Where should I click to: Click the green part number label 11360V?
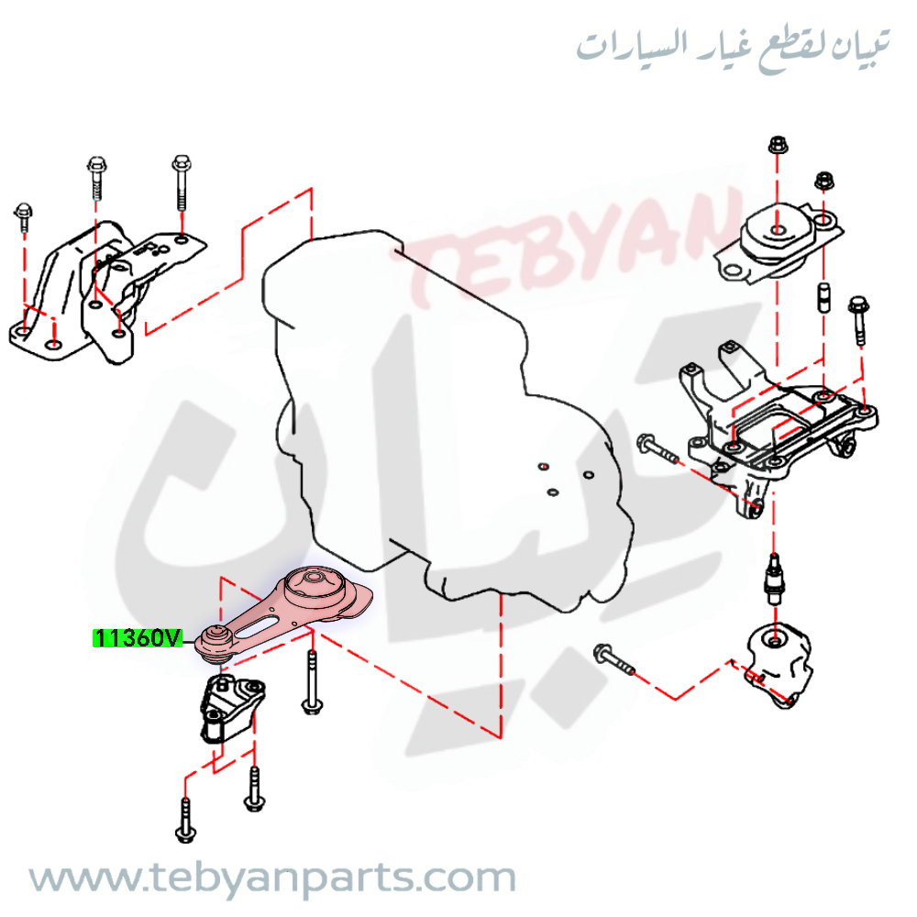[x=138, y=638]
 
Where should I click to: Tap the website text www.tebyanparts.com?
[x=272, y=878]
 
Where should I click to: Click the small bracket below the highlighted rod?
[x=232, y=708]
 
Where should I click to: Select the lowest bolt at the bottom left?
[x=185, y=820]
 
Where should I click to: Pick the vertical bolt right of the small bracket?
[x=313, y=682]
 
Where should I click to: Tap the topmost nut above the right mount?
[x=778, y=144]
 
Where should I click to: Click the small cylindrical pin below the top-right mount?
[x=824, y=297]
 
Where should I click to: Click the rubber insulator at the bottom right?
[x=779, y=664]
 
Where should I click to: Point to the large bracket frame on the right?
[x=778, y=427]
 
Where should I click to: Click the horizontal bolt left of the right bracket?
[x=657, y=448]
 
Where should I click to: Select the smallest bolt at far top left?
[x=24, y=217]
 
